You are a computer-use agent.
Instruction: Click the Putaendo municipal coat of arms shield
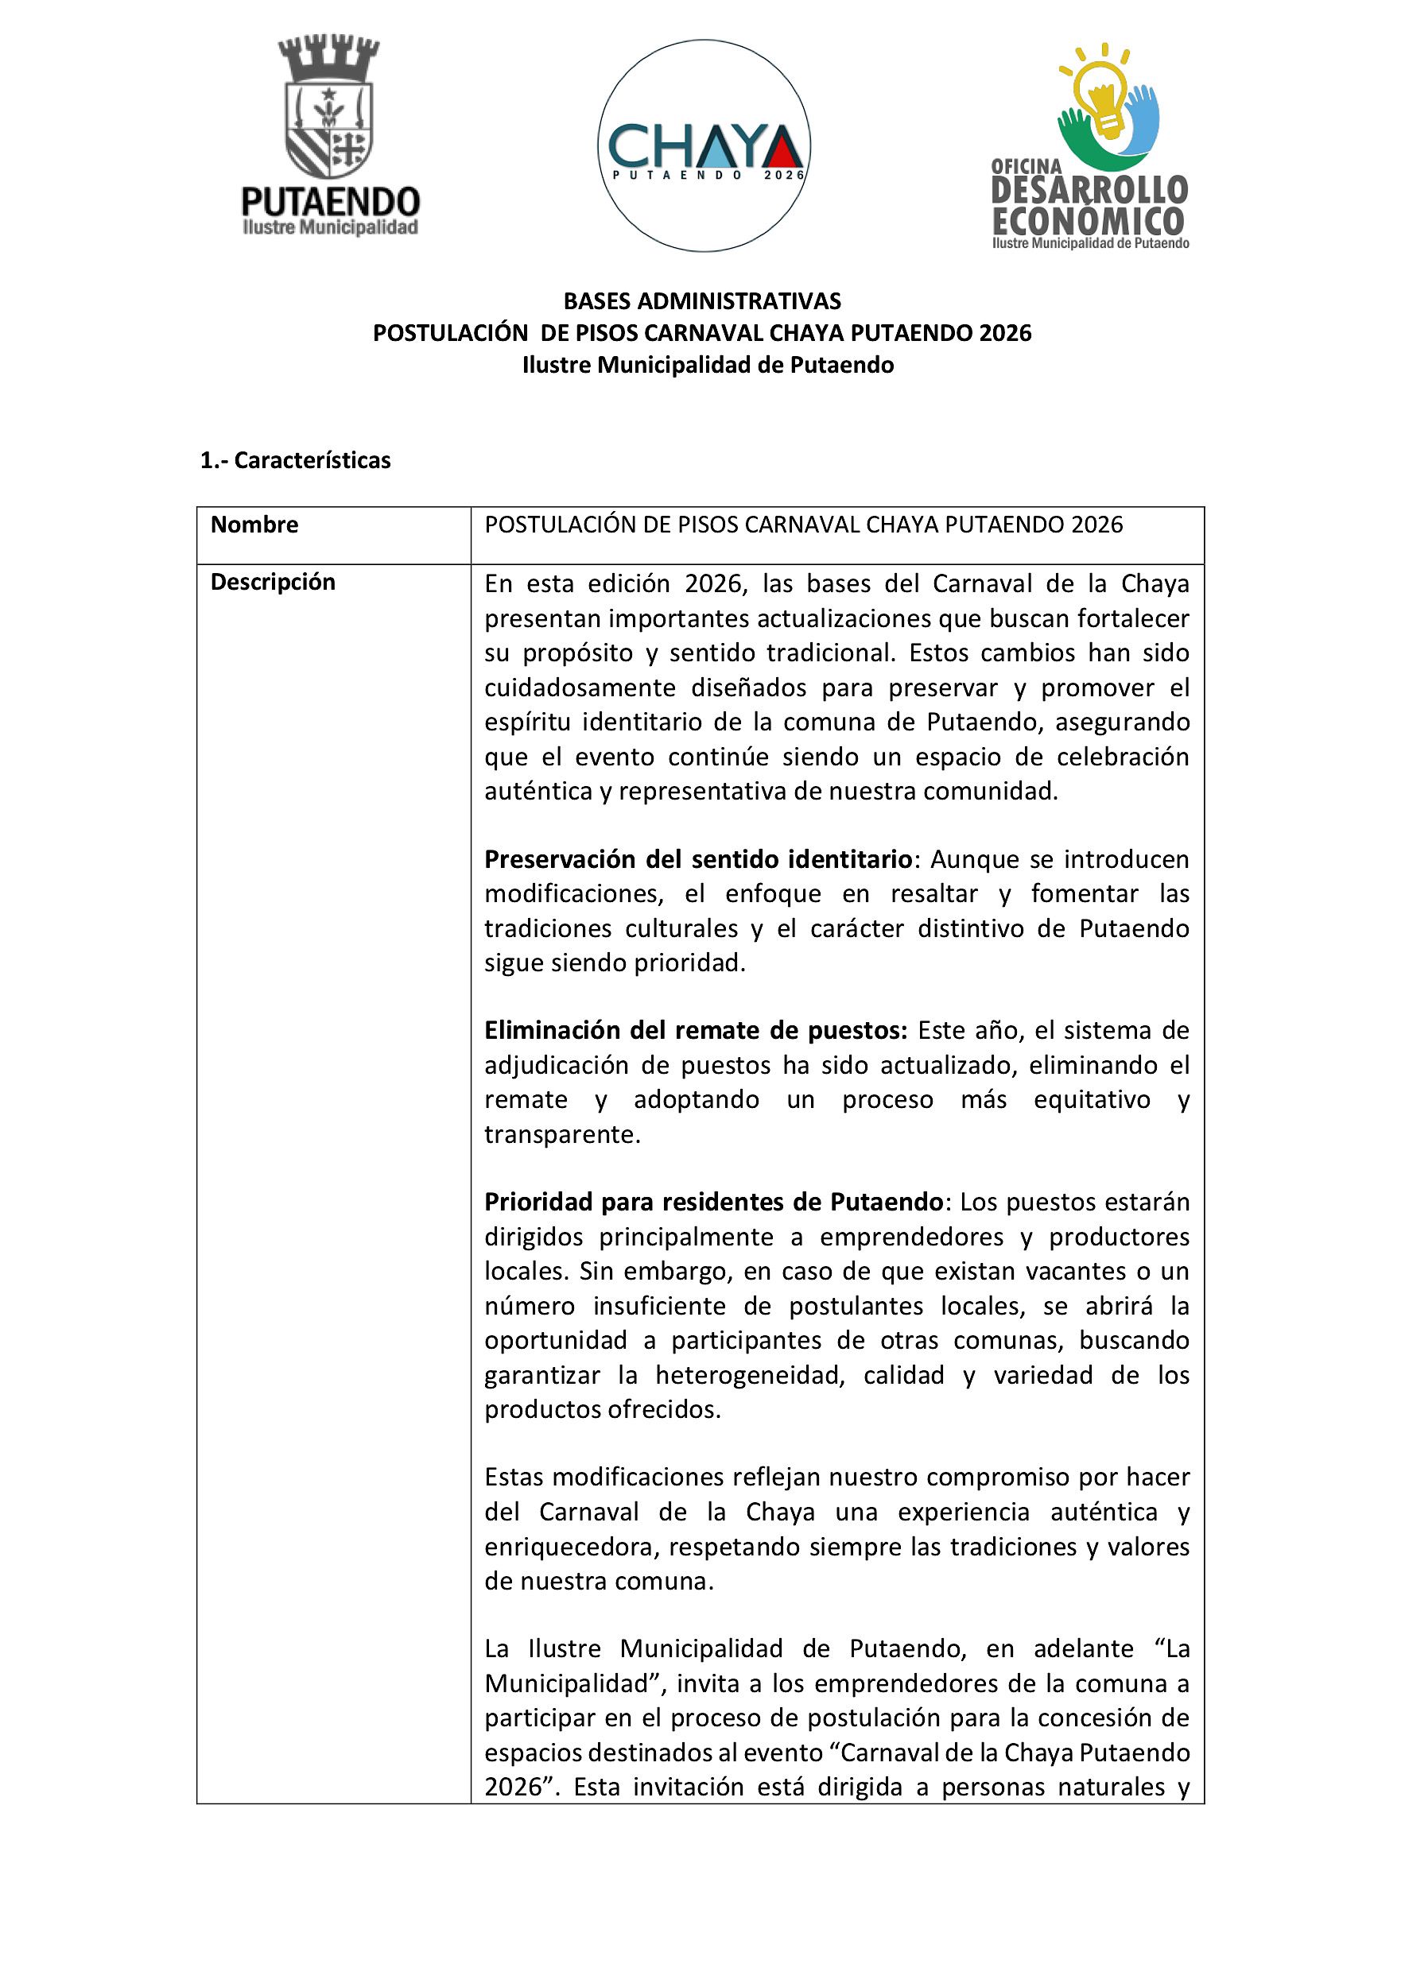[329, 130]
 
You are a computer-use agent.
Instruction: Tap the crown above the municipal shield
[329, 57]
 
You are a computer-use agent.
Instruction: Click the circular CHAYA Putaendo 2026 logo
[704, 145]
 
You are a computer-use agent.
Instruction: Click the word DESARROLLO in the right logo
[1089, 189]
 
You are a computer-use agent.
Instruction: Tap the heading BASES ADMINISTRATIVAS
[702, 301]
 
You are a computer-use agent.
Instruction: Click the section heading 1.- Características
[295, 460]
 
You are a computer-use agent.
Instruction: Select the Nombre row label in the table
[254, 525]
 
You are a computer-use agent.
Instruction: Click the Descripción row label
[273, 582]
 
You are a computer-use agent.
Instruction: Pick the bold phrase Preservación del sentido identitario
[698, 859]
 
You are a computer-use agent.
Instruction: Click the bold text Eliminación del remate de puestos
[695, 1030]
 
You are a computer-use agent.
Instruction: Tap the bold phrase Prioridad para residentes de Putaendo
[713, 1201]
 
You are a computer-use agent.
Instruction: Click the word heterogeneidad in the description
[750, 1374]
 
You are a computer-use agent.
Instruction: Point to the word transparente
[562, 1134]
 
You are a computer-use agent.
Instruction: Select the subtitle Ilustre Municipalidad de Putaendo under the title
[707, 365]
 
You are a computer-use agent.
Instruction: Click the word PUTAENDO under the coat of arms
[331, 202]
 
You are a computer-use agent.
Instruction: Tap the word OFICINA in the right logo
[1027, 166]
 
